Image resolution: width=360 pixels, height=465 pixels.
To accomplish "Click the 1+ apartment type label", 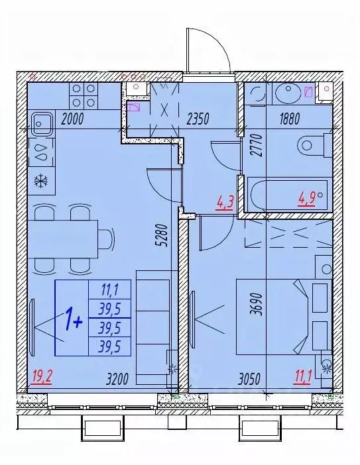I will pos(73,321).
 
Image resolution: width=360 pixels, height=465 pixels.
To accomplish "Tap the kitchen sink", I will pos(42,123).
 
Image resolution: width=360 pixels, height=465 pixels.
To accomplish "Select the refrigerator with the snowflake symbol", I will pos(40,180).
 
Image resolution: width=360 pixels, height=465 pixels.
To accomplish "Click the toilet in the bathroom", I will pos(314,143).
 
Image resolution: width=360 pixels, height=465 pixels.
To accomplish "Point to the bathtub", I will pos(288,195).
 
